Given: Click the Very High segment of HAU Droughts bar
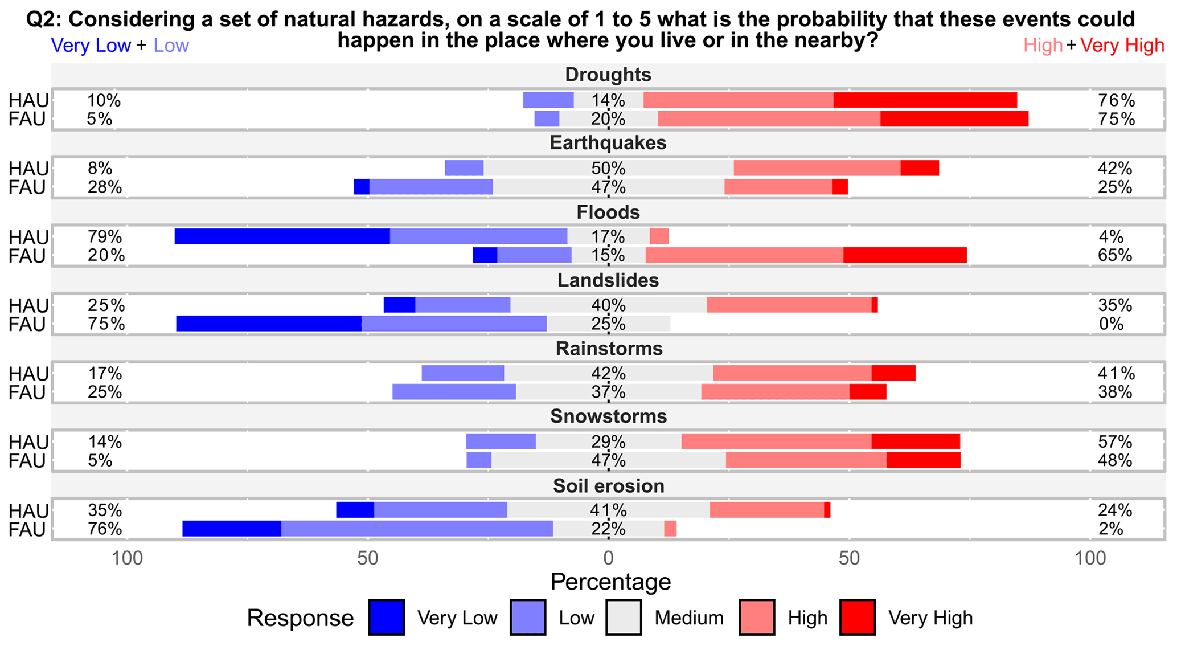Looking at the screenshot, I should [925, 100].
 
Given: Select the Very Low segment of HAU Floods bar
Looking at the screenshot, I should [282, 236].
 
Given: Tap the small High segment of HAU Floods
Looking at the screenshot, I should [659, 236].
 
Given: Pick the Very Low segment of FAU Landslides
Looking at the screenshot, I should [269, 324].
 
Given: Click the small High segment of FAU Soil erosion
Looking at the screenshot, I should [670, 529].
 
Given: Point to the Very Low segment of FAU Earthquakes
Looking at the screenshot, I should [362, 187].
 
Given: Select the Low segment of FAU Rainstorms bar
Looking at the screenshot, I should [454, 392].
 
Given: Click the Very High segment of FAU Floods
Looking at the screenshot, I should [905, 255].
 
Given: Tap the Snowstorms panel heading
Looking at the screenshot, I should [608, 416].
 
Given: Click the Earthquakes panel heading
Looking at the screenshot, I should [608, 142].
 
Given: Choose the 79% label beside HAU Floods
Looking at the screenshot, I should [105, 236].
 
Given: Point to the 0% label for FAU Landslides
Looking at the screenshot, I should [1111, 324].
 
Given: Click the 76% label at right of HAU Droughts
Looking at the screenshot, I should [1116, 100].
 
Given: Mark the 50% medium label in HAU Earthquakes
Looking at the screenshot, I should [608, 169].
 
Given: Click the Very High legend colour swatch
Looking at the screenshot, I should [858, 618].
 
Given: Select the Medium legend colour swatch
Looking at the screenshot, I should [624, 618].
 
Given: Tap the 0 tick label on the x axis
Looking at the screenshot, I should [608, 558].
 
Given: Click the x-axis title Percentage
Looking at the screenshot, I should [610, 582].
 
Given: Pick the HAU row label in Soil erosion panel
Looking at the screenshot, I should [27, 510].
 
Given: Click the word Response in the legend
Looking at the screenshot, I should [300, 618].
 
